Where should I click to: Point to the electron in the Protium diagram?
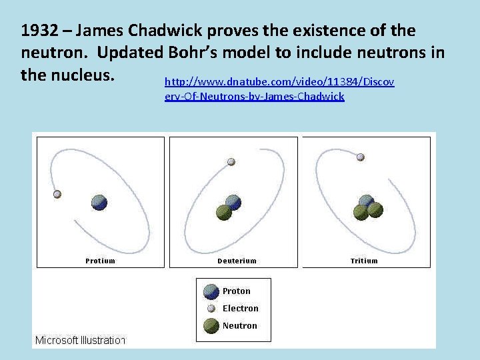[57, 194]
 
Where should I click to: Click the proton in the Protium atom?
[99, 203]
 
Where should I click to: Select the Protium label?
[100, 261]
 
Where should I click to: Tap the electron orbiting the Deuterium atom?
[231, 161]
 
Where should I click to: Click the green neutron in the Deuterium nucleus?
[224, 212]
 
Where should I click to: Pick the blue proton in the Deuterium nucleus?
[233, 202]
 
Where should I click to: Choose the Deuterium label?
[237, 261]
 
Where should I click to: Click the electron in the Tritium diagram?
[360, 157]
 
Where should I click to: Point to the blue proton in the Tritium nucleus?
[367, 201]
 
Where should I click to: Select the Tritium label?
[364, 261]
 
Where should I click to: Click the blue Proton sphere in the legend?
[211, 291]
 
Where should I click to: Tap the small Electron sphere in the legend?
[211, 309]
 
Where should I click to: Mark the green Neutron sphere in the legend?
[211, 326]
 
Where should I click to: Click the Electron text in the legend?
[240, 309]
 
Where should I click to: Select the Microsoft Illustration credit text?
[80, 340]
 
